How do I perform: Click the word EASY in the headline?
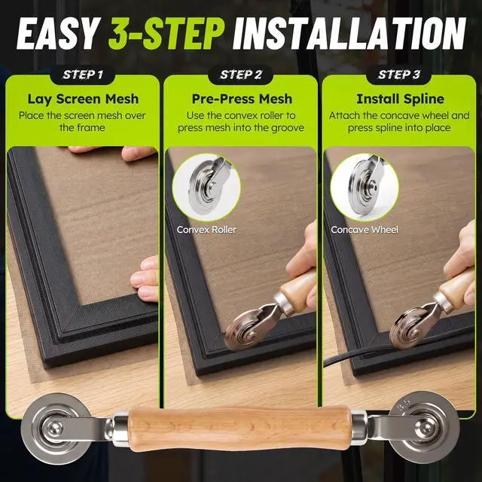coord(58,33)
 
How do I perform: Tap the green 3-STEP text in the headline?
coord(166,33)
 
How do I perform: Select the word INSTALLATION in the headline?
coord(349,33)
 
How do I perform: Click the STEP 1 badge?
coord(82,75)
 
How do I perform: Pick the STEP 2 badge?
coord(241,75)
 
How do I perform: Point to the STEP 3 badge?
coord(398,75)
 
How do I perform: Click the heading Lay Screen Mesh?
coord(83,99)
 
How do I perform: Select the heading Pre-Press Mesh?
coord(242,99)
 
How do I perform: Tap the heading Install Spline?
coord(400,99)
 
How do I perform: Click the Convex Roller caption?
coord(206,230)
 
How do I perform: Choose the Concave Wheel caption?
coord(365,230)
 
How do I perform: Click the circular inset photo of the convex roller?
coord(206,187)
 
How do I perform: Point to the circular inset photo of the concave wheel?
coord(365,187)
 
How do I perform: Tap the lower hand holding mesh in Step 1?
coord(145,278)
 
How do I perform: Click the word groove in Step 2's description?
coord(288,128)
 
